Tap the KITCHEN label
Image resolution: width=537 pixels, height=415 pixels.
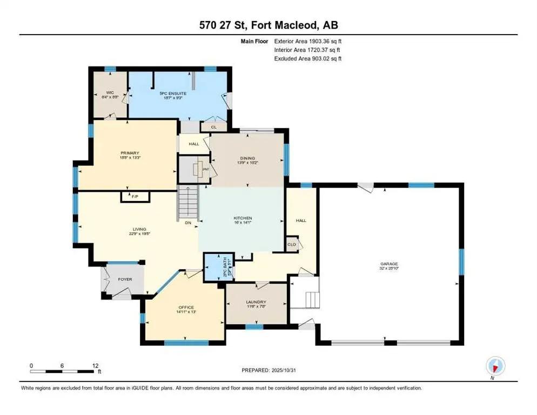(x=243, y=218)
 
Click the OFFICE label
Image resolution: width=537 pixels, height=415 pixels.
(x=186, y=307)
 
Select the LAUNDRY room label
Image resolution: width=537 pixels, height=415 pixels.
(x=256, y=303)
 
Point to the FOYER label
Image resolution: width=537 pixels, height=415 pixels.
(x=125, y=279)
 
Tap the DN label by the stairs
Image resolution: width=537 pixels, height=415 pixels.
(x=187, y=222)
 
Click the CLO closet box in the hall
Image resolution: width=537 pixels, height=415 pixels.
(x=292, y=244)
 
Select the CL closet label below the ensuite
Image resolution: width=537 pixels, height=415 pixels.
(x=213, y=127)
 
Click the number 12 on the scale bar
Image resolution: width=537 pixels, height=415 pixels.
(x=96, y=365)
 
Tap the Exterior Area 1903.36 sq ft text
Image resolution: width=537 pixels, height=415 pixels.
(x=308, y=41)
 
